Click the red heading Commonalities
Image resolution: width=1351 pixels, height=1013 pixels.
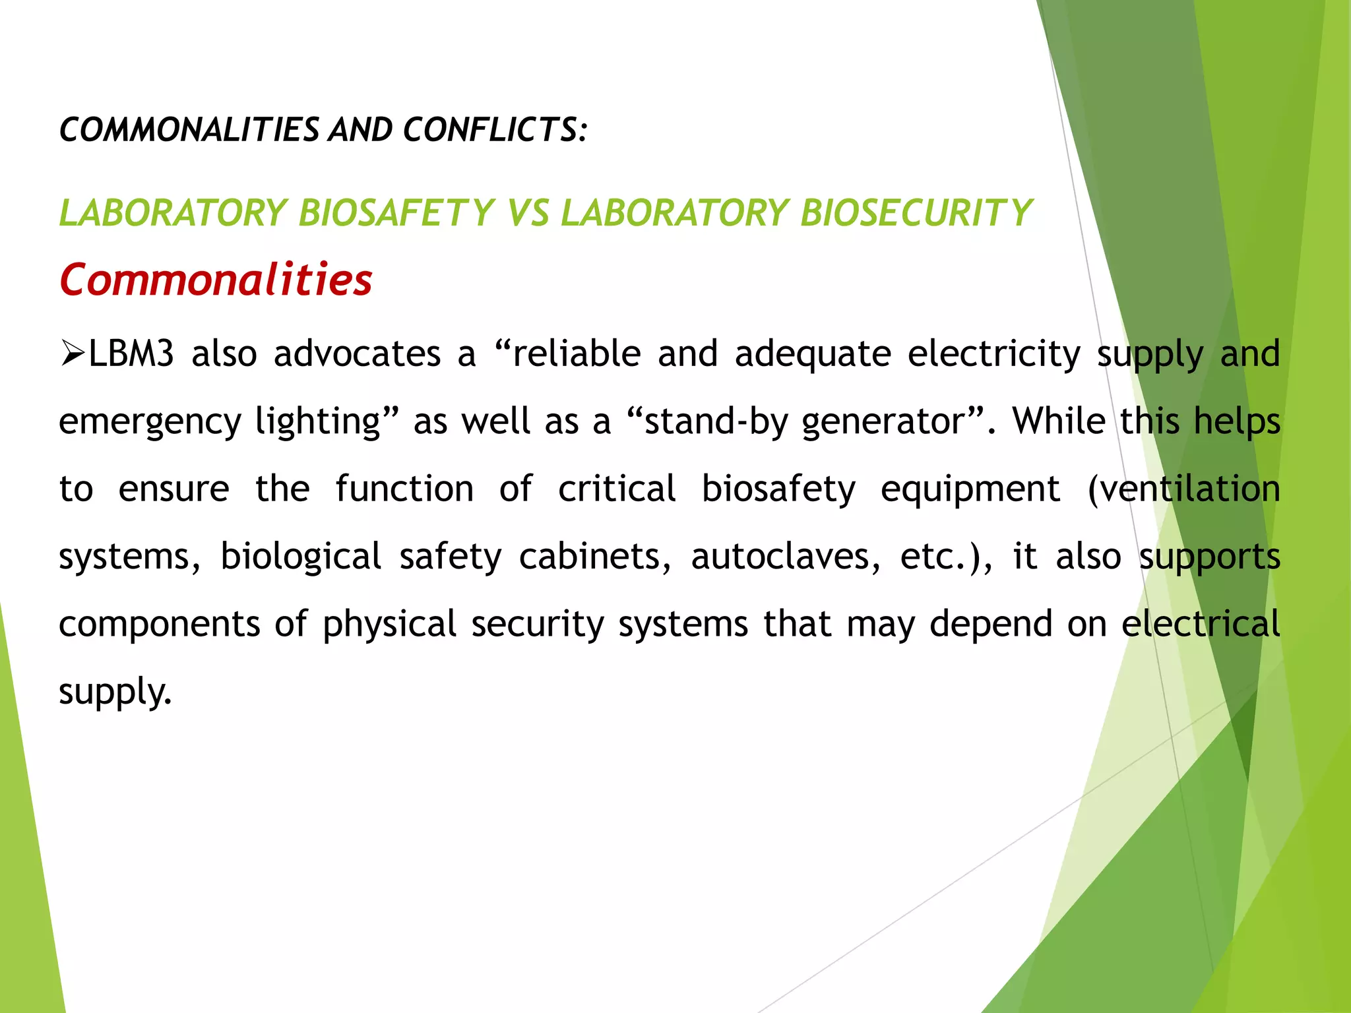[x=216, y=280]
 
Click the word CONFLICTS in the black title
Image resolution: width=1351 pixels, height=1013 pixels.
[x=491, y=129]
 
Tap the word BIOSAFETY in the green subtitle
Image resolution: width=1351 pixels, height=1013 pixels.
[x=396, y=213]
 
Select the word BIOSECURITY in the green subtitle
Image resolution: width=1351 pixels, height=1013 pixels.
[x=916, y=213]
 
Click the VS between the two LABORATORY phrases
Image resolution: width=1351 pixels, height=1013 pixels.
[x=528, y=213]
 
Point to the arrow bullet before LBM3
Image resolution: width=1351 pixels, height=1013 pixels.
[x=72, y=353]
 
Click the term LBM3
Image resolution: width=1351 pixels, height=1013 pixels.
[x=131, y=353]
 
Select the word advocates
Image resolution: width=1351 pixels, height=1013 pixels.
[x=357, y=353]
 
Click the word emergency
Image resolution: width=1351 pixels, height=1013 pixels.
[x=150, y=422]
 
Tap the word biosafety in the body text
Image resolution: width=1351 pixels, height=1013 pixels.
[x=778, y=489]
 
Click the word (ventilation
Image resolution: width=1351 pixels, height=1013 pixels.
[x=1183, y=489]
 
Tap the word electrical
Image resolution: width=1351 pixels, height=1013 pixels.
[x=1201, y=623]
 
